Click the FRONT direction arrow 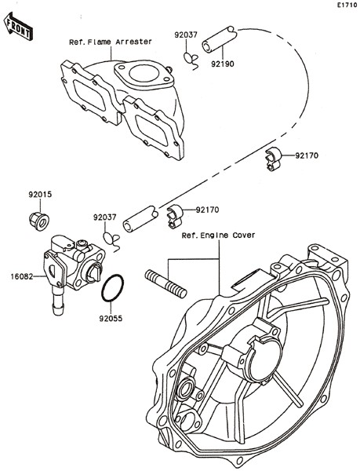18,26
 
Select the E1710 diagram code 347,5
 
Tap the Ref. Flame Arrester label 111,42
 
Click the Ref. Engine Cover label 218,235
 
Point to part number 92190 222,64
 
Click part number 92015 40,195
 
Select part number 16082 22,276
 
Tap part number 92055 111,319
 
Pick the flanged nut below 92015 39,221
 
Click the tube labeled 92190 220,40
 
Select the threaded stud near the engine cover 166,284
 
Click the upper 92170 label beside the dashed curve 307,155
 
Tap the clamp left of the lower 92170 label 175,216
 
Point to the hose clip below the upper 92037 191,61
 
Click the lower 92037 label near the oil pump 104,217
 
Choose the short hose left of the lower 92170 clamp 140,219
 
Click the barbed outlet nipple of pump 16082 58,301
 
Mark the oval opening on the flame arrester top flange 144,74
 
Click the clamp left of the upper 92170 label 273,159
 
